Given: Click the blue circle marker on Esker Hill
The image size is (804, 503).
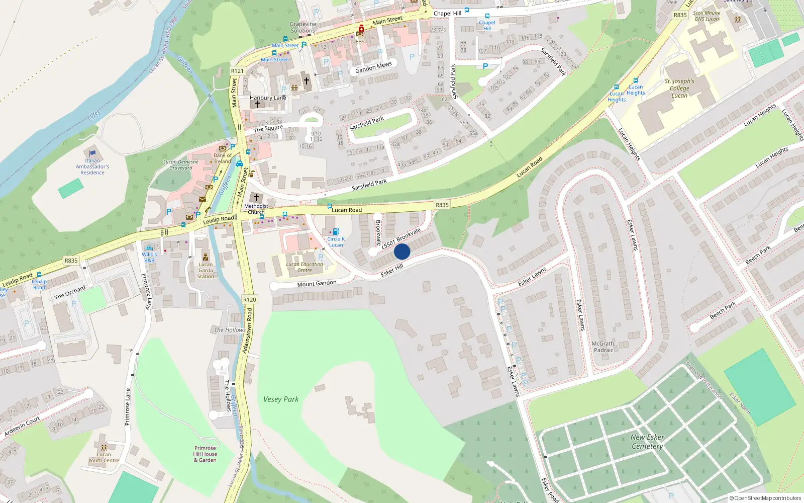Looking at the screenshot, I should point(402,251).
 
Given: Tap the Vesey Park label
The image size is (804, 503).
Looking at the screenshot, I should point(281,399).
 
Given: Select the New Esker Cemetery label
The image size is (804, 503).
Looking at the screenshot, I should point(647,442).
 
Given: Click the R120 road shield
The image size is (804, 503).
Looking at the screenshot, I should point(250,299).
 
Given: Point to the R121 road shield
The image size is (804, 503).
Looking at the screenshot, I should point(237,71).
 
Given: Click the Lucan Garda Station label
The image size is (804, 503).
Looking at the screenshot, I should point(206,270).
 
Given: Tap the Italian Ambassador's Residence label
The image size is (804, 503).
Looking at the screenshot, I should point(92,166).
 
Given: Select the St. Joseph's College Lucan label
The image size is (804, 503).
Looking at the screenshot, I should point(679,88).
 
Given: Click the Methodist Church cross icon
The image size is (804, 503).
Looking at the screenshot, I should point(256,198).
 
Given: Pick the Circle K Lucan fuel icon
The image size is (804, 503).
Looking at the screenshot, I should point(336,231).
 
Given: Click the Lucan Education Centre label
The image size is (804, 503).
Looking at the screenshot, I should point(305,267).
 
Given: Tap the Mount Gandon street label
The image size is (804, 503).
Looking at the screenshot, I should point(317,284).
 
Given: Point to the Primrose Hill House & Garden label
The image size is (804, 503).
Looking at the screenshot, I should point(205,454).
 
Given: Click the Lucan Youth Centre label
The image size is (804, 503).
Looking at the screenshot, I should point(104,457).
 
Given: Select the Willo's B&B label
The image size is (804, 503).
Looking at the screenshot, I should point(149,258).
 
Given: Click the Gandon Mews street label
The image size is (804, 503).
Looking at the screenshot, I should point(373,67).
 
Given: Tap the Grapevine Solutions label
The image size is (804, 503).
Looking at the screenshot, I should point(303,27).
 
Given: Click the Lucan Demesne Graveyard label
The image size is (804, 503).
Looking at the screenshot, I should point(181,164).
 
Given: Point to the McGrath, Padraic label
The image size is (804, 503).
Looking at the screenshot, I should point(604,347).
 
